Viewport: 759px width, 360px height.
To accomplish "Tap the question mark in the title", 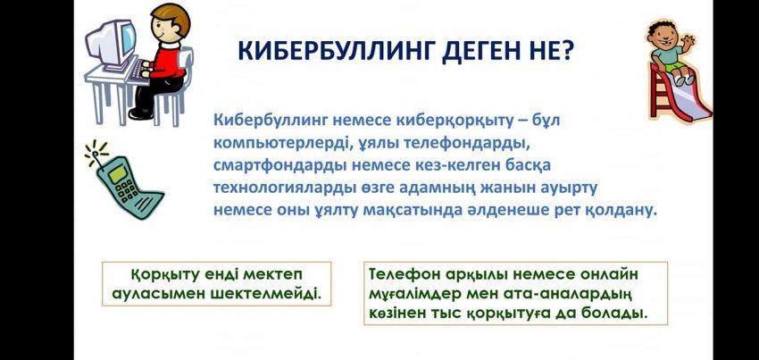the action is click(x=564, y=51).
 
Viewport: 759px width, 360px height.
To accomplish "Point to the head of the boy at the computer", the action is click(x=171, y=23).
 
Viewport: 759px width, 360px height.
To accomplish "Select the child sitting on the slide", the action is click(x=671, y=50).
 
